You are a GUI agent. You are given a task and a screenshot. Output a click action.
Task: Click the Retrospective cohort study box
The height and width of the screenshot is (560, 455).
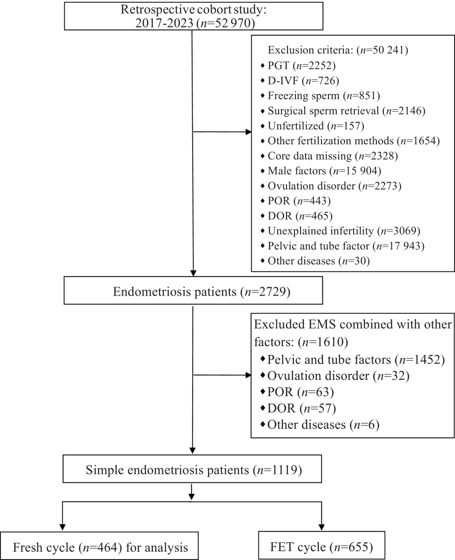point(194,16)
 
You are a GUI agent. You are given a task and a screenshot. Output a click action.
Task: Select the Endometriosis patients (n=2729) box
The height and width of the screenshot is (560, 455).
point(194,290)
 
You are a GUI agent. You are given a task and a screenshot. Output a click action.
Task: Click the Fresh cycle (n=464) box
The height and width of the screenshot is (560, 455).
point(99,546)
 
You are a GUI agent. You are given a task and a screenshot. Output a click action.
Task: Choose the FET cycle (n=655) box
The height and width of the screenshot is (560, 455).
point(321,545)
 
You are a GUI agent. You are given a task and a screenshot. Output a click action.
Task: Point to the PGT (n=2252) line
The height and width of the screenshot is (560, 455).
point(298,66)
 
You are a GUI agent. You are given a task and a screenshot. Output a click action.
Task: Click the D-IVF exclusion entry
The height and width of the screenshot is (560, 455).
point(300,81)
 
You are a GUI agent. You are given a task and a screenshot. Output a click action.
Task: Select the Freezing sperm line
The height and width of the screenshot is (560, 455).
point(320,96)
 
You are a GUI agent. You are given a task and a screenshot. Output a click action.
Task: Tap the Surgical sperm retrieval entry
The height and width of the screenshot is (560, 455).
point(343,111)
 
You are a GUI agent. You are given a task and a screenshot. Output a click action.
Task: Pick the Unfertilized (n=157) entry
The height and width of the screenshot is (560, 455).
point(312,126)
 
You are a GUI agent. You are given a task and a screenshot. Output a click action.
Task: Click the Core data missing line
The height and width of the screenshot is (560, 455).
point(329,156)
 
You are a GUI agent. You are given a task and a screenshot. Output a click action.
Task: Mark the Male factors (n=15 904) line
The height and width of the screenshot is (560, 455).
point(321,171)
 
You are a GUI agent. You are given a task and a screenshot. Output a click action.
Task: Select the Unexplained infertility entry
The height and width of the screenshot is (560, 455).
point(341,231)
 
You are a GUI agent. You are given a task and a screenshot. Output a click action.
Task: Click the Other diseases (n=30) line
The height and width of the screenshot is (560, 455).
point(315,261)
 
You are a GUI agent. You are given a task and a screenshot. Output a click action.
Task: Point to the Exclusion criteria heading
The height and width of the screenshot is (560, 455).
point(338,50)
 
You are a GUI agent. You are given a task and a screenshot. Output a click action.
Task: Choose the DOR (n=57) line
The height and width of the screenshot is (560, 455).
point(298,408)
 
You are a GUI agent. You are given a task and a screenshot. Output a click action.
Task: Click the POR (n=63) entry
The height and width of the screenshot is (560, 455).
point(297,392)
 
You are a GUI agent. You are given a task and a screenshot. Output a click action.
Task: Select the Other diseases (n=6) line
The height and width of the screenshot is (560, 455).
point(320,425)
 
